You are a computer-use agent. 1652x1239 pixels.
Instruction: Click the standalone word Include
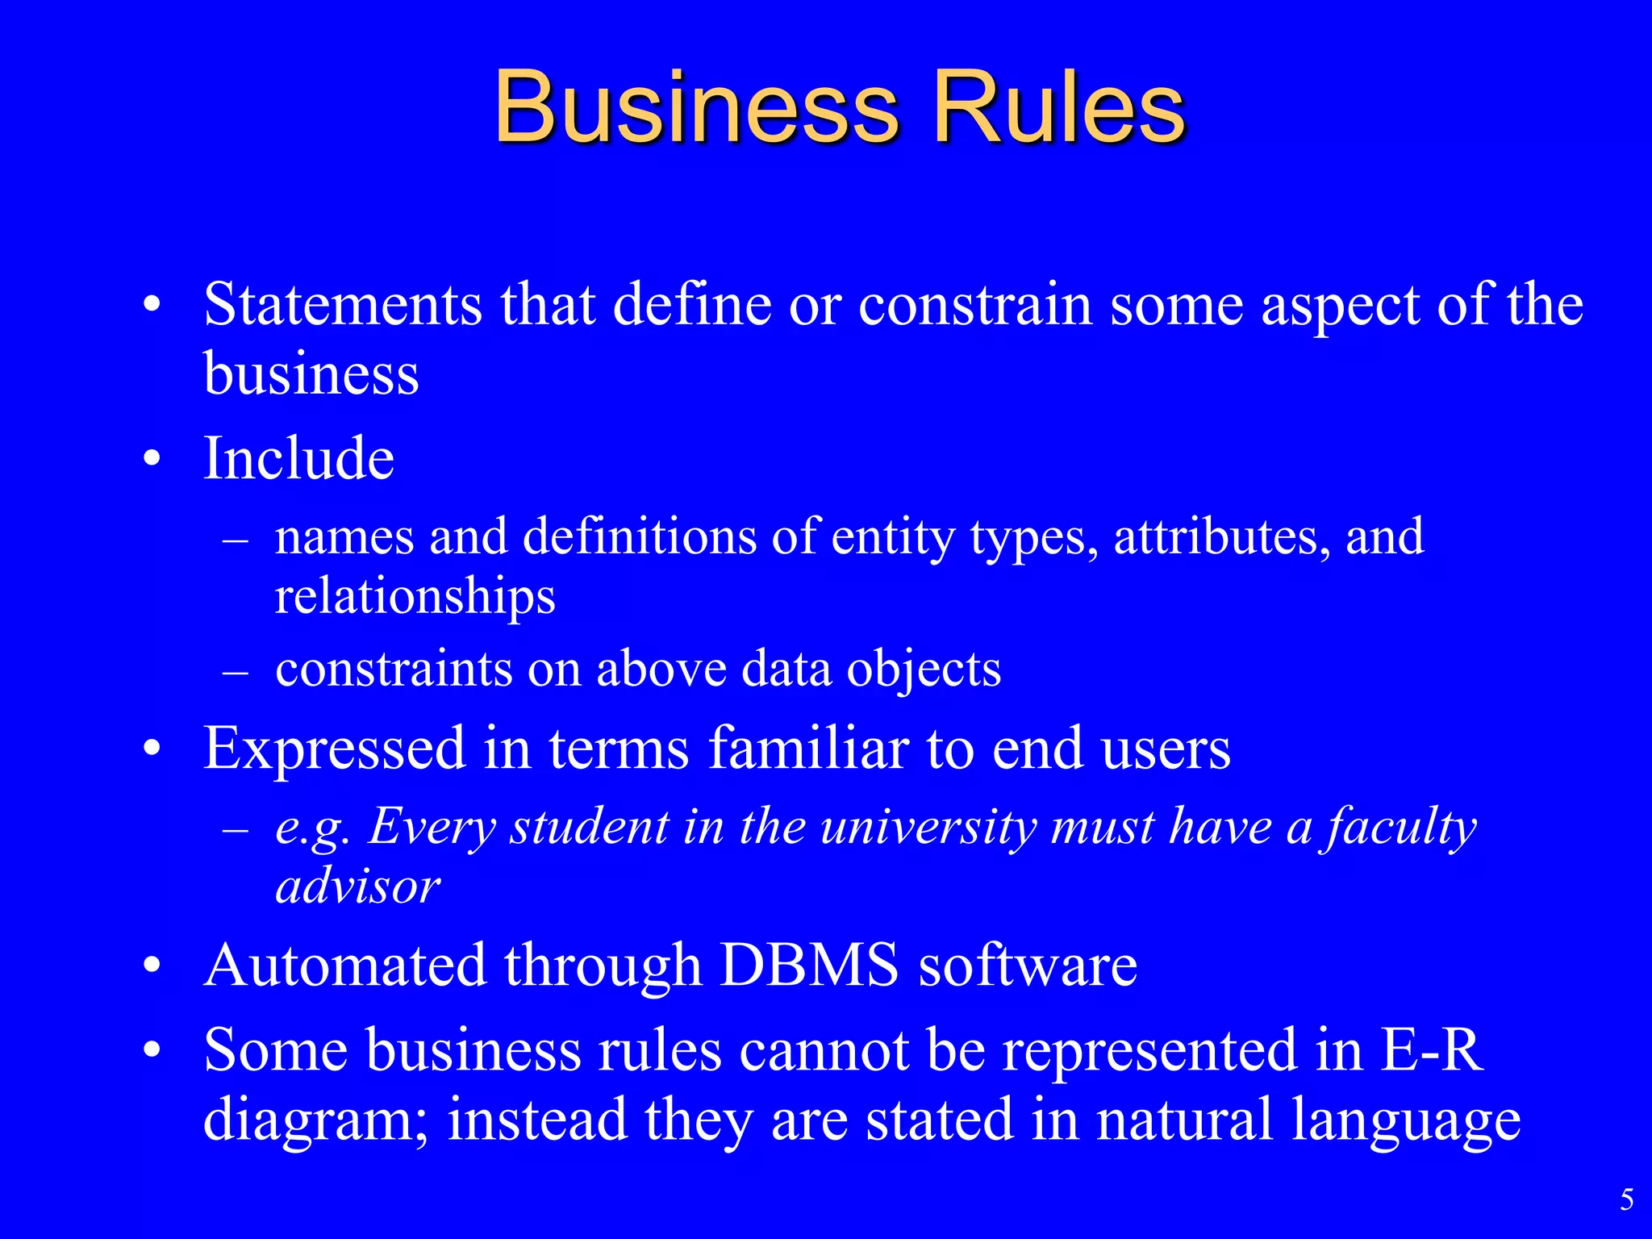coord(298,458)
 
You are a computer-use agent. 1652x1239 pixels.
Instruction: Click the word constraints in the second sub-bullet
coord(394,669)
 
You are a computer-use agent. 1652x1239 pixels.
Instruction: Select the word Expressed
coord(335,748)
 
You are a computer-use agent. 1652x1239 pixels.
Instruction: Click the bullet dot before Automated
coord(152,966)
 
